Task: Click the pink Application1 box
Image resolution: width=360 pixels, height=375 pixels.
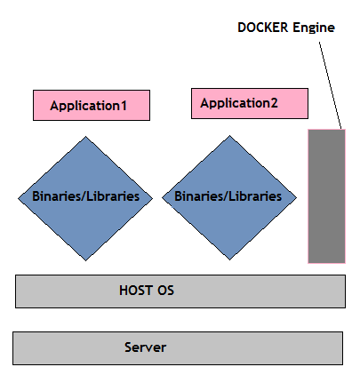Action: [x=92, y=106]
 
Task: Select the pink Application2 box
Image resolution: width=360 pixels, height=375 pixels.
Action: [x=250, y=103]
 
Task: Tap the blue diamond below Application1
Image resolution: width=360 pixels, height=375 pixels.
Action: [x=85, y=198]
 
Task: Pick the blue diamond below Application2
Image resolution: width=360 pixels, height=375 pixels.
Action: [x=229, y=198]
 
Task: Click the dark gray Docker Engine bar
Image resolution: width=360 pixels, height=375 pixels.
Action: [x=327, y=196]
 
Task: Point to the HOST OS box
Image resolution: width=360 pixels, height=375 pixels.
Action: [x=180, y=291]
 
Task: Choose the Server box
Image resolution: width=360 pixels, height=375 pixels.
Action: [x=178, y=348]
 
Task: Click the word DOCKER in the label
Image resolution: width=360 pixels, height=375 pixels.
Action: [x=263, y=28]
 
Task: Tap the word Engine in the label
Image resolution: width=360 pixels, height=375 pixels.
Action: [x=314, y=28]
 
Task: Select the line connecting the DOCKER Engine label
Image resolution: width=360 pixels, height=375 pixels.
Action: [x=330, y=85]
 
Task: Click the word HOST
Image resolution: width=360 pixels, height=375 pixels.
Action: [x=136, y=291]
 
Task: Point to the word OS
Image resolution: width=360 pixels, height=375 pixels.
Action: [x=165, y=291]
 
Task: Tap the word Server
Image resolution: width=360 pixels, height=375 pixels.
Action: [x=145, y=347]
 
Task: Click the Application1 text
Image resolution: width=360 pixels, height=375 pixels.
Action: [x=89, y=106]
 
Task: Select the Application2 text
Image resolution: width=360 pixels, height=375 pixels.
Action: [x=239, y=103]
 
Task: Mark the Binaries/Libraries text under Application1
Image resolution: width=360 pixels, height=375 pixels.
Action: [x=85, y=196]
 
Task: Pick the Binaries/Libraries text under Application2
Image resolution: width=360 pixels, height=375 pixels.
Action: [x=228, y=196]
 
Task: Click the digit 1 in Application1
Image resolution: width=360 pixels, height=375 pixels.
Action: [x=124, y=106]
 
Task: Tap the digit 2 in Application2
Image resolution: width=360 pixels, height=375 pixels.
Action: [x=274, y=103]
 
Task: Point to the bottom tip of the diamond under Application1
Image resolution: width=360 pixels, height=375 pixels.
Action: [x=85, y=260]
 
